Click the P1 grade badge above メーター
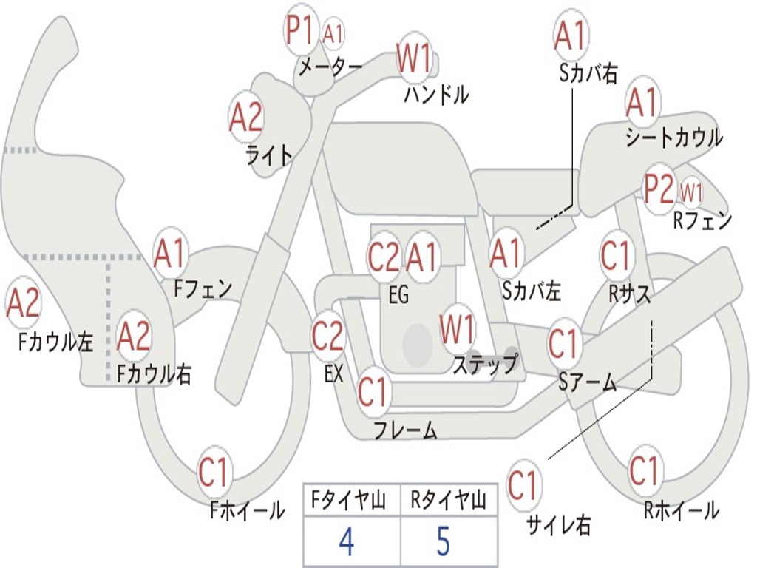coord(301,30)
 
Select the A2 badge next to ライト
coord(246,117)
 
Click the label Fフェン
coord(203,288)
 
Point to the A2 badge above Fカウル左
coord(23,304)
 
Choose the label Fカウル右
coord(155,374)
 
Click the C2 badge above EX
coord(327,336)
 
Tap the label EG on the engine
coord(398,295)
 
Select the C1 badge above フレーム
coord(373,392)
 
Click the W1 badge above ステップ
coord(458,329)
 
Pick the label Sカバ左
coord(532,291)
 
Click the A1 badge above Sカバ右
coord(570,35)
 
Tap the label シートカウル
coord(674,138)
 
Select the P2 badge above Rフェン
coord(659,189)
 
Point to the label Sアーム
coord(588,382)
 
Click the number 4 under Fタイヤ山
coord(346,542)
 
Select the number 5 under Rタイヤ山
coord(443,542)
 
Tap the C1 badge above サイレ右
coord(523,486)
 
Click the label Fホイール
coord(247,510)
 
